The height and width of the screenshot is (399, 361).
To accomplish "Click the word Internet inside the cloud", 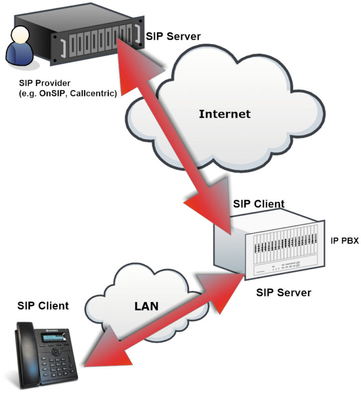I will [224, 114].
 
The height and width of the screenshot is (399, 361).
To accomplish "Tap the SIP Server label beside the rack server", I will [173, 36].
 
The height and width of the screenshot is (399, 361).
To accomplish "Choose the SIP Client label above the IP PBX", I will [259, 204].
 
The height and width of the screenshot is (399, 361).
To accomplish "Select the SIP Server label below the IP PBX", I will [283, 292].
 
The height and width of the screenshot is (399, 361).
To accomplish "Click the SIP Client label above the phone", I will [43, 305].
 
